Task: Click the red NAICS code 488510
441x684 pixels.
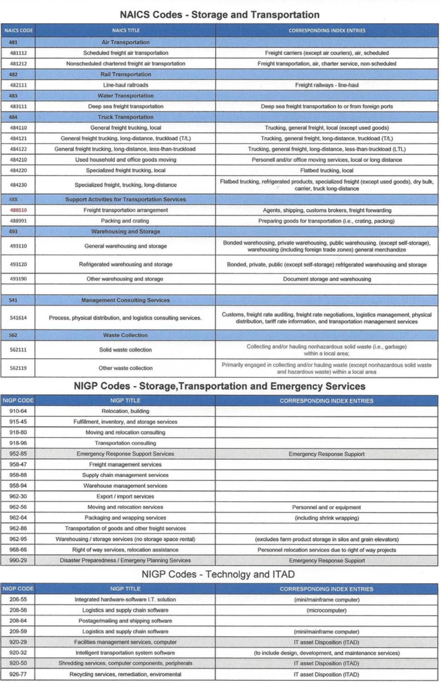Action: (x=18, y=210)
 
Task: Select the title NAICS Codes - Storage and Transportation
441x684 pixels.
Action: (x=219, y=15)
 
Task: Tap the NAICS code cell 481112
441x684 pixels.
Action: (x=18, y=53)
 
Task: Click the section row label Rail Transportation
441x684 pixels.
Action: (x=125, y=74)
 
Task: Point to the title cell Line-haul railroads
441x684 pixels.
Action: (x=125, y=85)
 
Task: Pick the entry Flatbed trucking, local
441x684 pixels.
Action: (x=327, y=170)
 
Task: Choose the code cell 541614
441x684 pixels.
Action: (x=18, y=318)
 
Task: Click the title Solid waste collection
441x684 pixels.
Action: (x=125, y=350)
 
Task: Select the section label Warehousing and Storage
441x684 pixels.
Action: (x=125, y=232)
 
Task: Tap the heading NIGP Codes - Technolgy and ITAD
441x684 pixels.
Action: (x=218, y=574)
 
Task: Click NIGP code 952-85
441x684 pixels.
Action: (x=18, y=454)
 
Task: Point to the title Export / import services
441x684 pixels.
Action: (x=125, y=497)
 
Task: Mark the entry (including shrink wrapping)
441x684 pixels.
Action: (x=327, y=518)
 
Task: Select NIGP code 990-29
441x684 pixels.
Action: (x=18, y=561)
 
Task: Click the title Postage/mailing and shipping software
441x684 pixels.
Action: (x=125, y=621)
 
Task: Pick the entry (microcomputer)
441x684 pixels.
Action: (x=327, y=610)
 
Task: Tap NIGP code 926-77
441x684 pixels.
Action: (x=18, y=674)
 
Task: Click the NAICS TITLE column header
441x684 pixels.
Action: (x=125, y=30)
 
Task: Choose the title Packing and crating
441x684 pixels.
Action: (x=125, y=221)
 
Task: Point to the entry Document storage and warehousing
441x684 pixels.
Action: (x=327, y=279)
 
